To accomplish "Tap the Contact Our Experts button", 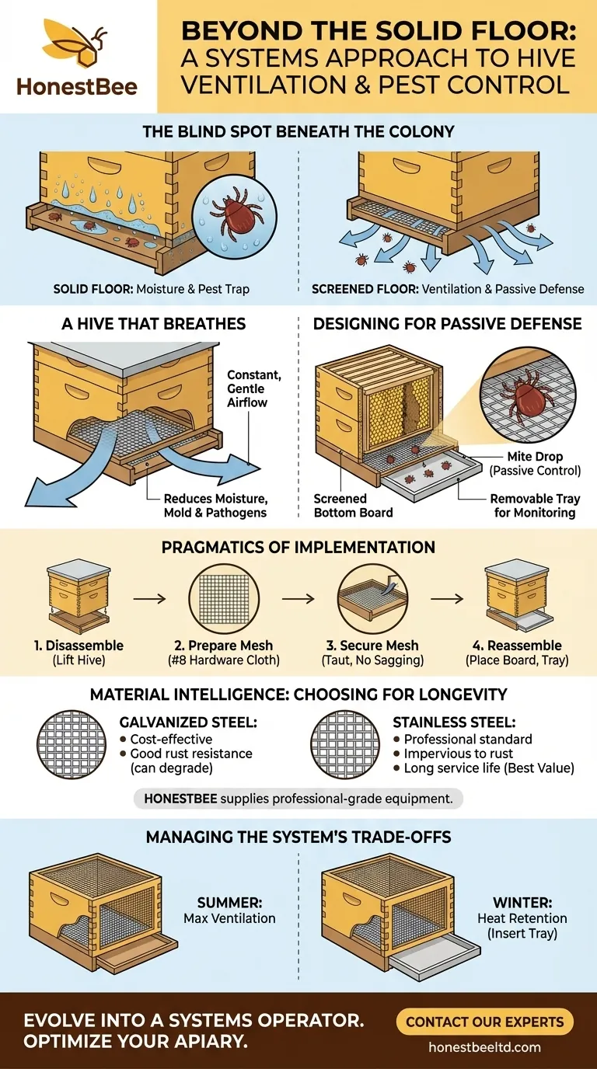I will point(484,1021).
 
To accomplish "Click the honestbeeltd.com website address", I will point(484,1047).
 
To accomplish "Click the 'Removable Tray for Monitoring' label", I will point(535,506).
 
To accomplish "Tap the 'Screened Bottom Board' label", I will point(353,506).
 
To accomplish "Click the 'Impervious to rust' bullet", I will point(450,753).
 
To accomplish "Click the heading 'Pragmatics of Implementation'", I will point(298,548).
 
